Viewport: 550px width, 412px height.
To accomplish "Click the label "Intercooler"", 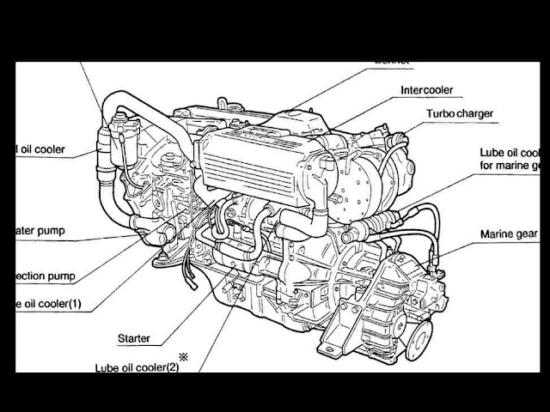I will point(426,90).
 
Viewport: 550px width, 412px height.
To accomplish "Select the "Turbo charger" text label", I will point(463,113).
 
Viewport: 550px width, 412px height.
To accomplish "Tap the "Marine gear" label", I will point(510,233).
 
